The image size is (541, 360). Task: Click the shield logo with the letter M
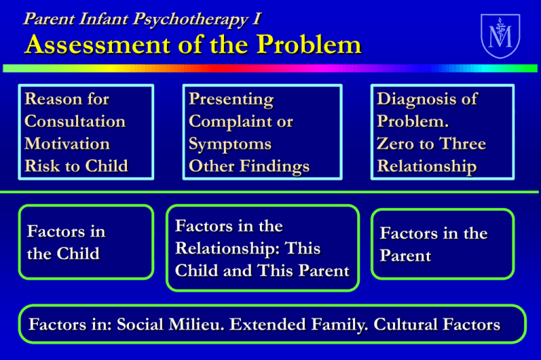pos(500,35)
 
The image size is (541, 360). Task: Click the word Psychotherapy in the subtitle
pos(190,19)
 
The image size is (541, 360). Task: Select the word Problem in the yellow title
pos(309,44)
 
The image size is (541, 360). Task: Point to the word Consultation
pos(75,121)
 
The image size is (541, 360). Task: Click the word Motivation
pos(68,144)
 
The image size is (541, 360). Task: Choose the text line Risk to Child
pos(76,166)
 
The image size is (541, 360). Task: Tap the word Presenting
pos(231,100)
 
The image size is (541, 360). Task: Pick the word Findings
pos(275,167)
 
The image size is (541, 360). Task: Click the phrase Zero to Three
pos(431,144)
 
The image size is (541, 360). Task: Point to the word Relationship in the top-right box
pos(427,167)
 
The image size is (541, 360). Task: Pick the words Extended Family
pos(298,325)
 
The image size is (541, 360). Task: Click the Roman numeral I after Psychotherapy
pos(256,19)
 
